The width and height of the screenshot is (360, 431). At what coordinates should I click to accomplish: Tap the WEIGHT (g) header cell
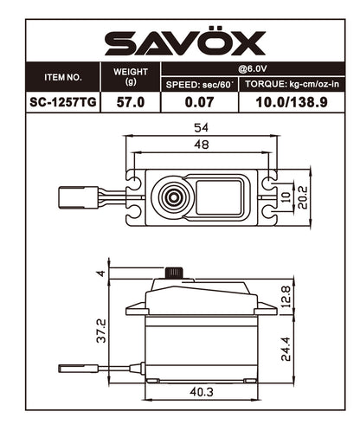pyautogui.click(x=131, y=77)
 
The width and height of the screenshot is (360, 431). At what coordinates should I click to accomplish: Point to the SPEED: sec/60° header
pyautogui.click(x=199, y=84)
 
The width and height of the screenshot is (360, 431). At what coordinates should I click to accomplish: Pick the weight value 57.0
pyautogui.click(x=131, y=102)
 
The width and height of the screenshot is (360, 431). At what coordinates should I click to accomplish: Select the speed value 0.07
pyautogui.click(x=199, y=102)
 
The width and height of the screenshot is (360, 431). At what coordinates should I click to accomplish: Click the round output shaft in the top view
pyautogui.click(x=171, y=198)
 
